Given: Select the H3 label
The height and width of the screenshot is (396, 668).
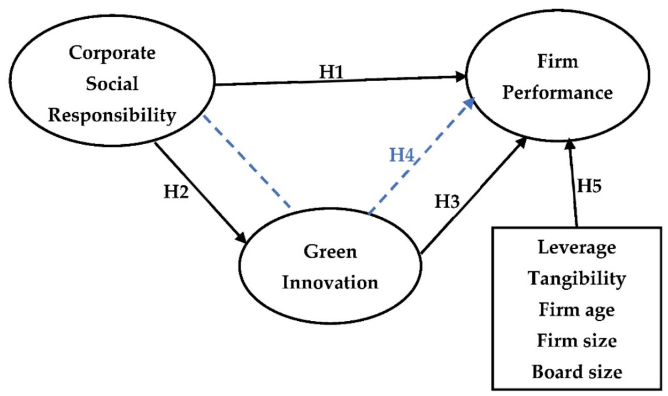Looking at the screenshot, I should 449,200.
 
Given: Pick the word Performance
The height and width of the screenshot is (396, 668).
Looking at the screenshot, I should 558,93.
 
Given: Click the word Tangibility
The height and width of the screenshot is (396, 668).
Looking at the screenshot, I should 577,279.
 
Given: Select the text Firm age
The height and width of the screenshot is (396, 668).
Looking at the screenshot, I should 576,310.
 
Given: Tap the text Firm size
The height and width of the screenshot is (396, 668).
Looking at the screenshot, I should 577,340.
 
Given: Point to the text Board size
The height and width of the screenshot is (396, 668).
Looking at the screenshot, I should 577,371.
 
